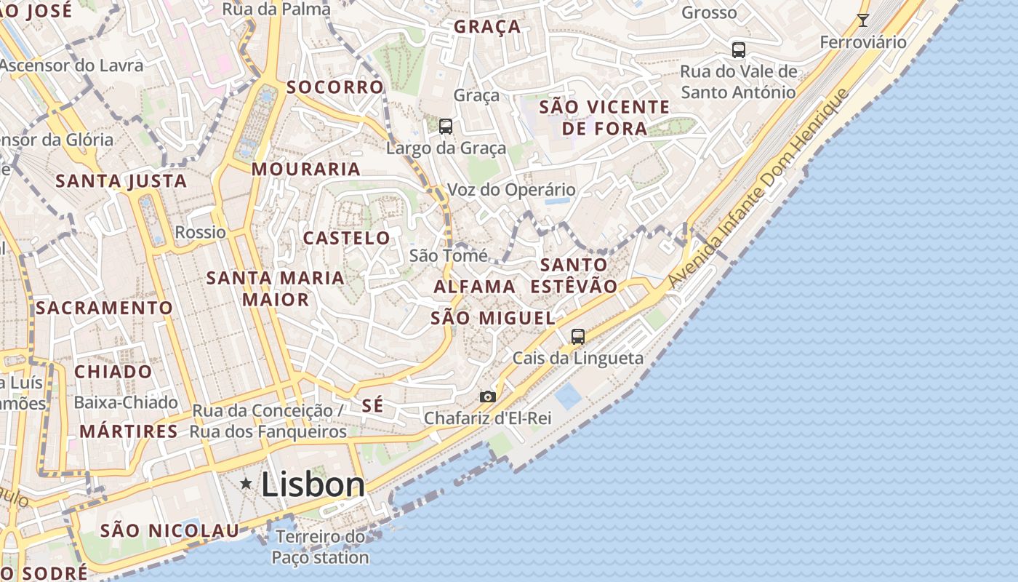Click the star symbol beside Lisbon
pyautogui.click(x=247, y=483)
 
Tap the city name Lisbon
pyautogui.click(x=313, y=485)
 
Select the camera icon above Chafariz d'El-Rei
pyautogui.click(x=488, y=396)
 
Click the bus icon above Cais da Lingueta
pyautogui.click(x=578, y=336)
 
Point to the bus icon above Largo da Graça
pyautogui.click(x=446, y=126)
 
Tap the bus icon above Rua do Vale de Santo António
pyautogui.click(x=739, y=50)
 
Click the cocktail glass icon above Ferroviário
pyautogui.click(x=862, y=20)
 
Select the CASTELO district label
pyautogui.click(x=346, y=238)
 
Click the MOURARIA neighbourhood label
pyautogui.click(x=306, y=170)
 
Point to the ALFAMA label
pyautogui.click(x=475, y=287)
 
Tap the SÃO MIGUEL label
pyautogui.click(x=493, y=318)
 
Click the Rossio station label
pyautogui.click(x=201, y=232)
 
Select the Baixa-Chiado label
pyautogui.click(x=126, y=402)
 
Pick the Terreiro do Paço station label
pyautogui.click(x=321, y=548)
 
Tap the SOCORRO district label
pyautogui.click(x=334, y=87)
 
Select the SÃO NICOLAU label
pyautogui.click(x=169, y=530)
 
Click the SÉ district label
pyautogui.click(x=372, y=405)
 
